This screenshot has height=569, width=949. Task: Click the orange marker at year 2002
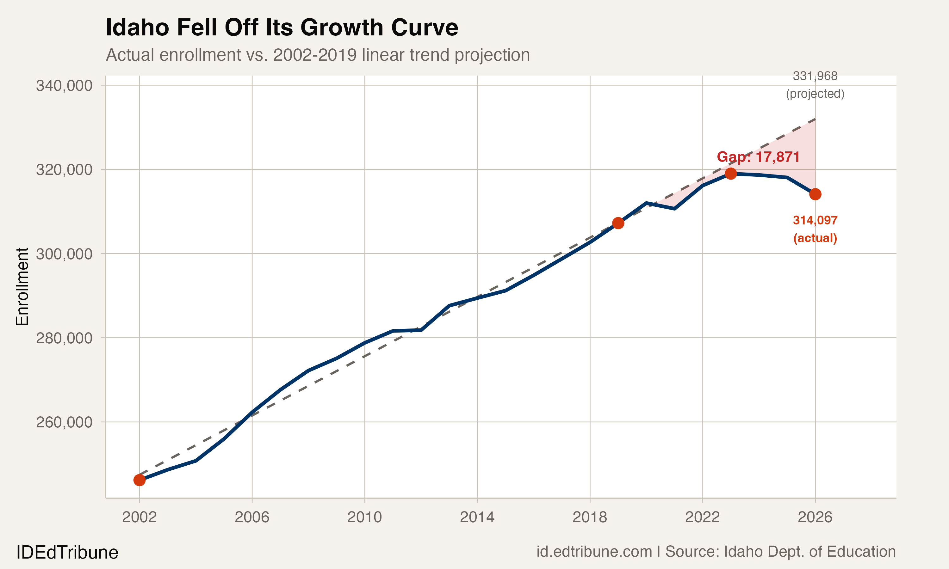(139, 480)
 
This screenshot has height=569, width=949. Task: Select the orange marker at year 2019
(618, 223)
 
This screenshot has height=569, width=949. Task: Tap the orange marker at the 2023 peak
(731, 174)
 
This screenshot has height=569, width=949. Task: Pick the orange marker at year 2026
(815, 194)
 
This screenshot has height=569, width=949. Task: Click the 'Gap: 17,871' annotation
(758, 157)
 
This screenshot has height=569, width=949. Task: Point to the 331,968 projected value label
(815, 85)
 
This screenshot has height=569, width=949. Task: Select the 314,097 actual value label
(815, 229)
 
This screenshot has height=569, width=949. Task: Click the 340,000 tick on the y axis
(64, 85)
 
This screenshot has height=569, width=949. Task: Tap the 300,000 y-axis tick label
(64, 254)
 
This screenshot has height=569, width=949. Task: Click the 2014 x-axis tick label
(477, 517)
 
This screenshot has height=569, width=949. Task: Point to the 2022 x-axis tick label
(702, 517)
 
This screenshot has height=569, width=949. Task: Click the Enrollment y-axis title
(22, 286)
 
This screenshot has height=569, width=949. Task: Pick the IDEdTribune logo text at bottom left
(67, 553)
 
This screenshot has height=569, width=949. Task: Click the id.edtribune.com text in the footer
(594, 552)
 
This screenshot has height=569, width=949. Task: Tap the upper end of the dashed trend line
(814, 119)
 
